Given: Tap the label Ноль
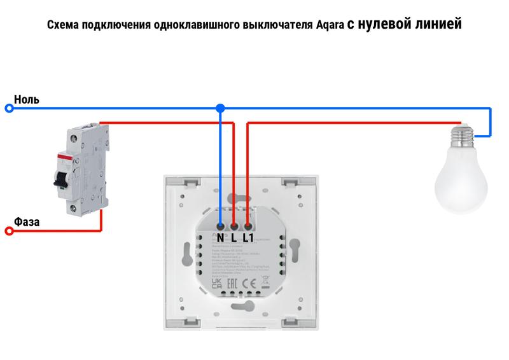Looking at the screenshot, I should point(27,100).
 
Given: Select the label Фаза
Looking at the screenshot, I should point(27,222).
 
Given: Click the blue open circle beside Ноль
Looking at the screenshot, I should point(9,109).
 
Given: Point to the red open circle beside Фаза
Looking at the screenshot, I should point(9,232).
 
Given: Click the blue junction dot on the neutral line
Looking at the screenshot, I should point(220,109).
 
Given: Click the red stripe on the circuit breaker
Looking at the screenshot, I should point(63,156).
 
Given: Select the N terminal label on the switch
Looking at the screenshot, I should point(220,238).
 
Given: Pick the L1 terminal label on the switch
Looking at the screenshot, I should point(248,238).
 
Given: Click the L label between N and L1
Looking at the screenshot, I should point(234,238).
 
